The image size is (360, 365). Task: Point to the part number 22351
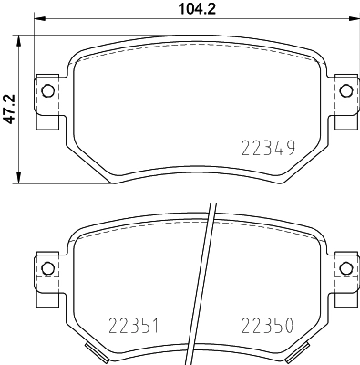coord(136,324)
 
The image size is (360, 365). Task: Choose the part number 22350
coord(266,324)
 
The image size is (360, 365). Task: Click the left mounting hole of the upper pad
coord(48,89)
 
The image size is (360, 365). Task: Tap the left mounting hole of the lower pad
coord(48,266)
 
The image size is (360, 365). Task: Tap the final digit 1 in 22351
coord(158,324)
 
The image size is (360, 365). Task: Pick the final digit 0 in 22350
coord(288,324)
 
